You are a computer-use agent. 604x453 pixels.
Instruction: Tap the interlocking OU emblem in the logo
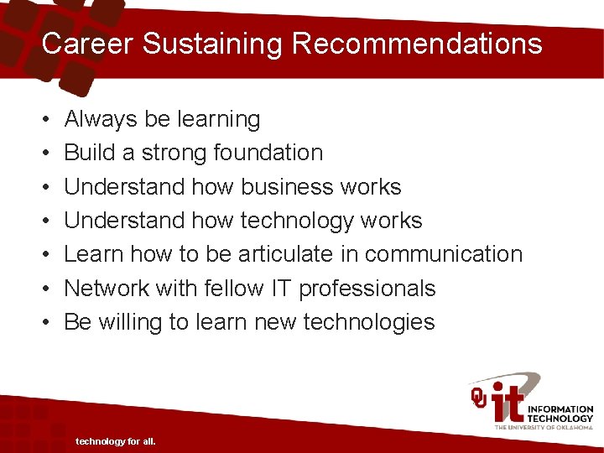coord(479,396)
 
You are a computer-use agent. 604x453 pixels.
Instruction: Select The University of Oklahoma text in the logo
coord(544,427)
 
